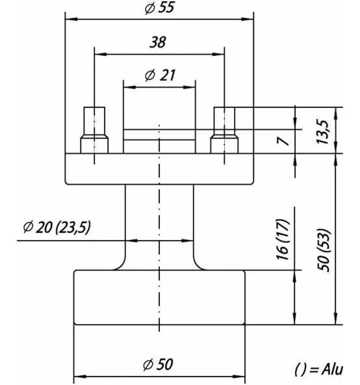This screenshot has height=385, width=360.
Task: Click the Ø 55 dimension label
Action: [x=159, y=8]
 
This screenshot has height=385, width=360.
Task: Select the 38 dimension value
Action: [x=158, y=42]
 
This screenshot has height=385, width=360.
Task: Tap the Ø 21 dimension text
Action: [x=160, y=75]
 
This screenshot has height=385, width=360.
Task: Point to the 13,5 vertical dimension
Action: [x=322, y=132]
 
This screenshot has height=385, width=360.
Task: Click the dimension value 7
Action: [x=283, y=141]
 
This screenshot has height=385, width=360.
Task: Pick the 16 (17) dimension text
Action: [x=283, y=239]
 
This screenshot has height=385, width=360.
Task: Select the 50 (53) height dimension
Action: [x=324, y=250]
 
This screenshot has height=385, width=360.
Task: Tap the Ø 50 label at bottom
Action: [x=158, y=364]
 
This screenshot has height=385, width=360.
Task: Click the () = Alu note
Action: [x=318, y=369]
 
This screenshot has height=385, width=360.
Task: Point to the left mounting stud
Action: [x=94, y=130]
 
